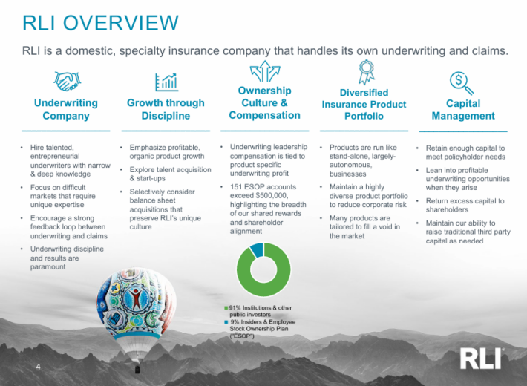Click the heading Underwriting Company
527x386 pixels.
click(66, 110)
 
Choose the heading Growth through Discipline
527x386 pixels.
click(166, 110)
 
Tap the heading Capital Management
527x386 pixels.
click(463, 110)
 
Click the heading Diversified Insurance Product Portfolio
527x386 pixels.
click(364, 104)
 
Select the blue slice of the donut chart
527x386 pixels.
click(257, 249)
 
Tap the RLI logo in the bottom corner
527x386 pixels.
click(481, 359)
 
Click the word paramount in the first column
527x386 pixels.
click(50, 267)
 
